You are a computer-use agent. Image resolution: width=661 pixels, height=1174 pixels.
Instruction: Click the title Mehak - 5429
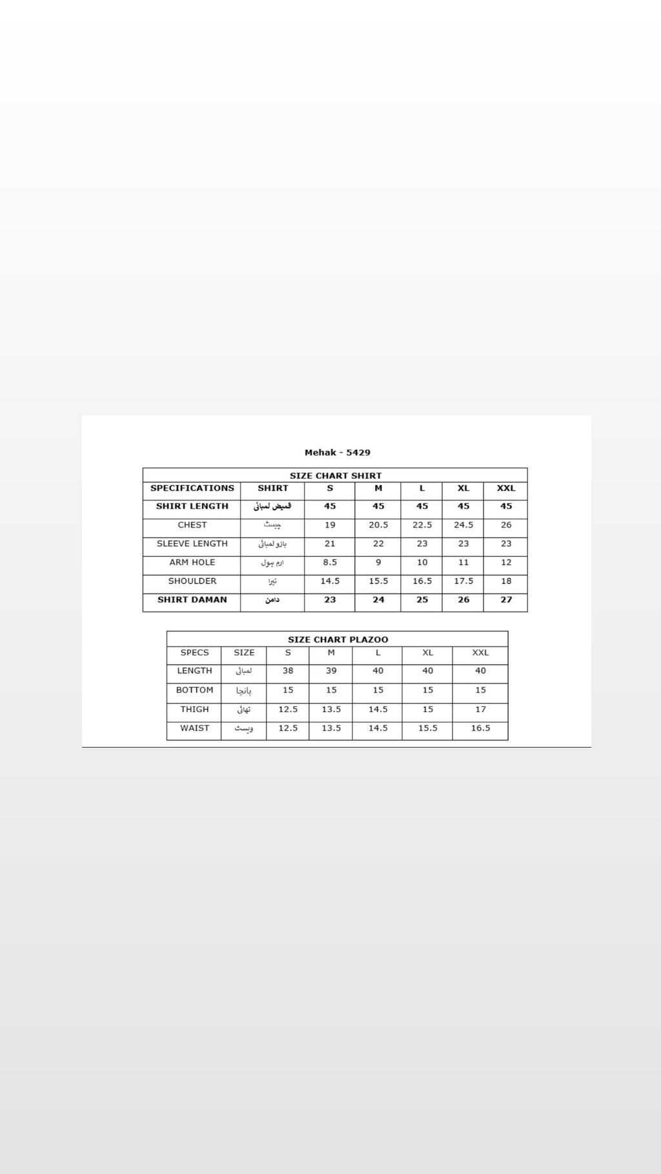point(337,453)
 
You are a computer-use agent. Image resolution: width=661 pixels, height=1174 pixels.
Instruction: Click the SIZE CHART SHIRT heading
point(335,476)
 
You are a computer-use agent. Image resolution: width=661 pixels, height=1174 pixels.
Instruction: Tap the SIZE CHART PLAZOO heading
point(338,640)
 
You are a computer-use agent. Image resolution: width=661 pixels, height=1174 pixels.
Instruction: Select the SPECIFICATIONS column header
point(192,488)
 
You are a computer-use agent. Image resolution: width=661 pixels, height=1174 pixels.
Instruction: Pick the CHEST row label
point(192,525)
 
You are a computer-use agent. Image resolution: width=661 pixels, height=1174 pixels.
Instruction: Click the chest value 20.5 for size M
point(378,525)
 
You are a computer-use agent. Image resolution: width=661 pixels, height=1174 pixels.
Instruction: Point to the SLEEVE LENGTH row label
point(192,544)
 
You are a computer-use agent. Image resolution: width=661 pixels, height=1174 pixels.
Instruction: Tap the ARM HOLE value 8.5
point(330,562)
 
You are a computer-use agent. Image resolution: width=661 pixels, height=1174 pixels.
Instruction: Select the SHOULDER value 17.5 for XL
point(463,581)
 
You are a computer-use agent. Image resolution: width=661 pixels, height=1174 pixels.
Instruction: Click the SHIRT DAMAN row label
point(192,600)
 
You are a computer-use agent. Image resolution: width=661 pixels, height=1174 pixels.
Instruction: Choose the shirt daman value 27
point(505,600)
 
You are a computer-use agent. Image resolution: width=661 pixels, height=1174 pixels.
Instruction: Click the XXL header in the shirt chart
point(505,488)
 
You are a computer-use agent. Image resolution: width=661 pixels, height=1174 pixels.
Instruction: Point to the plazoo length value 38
point(288,671)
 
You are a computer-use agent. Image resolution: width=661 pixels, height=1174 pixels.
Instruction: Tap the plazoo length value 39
point(330,671)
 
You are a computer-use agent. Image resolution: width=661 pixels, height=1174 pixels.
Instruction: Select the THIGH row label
point(194,710)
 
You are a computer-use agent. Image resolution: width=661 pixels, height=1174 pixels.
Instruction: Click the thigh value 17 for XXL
point(480,710)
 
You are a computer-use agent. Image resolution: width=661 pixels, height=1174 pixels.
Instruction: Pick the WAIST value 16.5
point(480,728)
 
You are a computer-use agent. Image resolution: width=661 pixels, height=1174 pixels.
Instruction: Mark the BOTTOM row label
point(194,690)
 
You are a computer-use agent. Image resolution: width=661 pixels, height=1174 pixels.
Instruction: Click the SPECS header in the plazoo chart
point(194,653)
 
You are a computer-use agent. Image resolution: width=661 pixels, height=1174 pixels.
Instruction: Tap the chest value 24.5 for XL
point(463,525)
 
